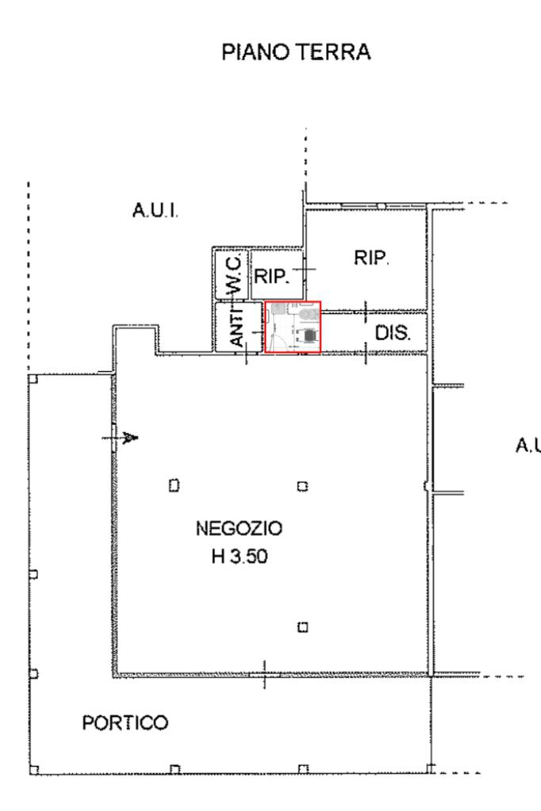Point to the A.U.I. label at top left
click(x=154, y=212)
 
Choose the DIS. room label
click(x=393, y=332)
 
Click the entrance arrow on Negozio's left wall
click(x=127, y=437)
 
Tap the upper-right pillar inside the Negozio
click(x=301, y=485)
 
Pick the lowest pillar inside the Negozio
click(x=301, y=627)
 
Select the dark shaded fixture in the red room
click(x=307, y=335)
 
